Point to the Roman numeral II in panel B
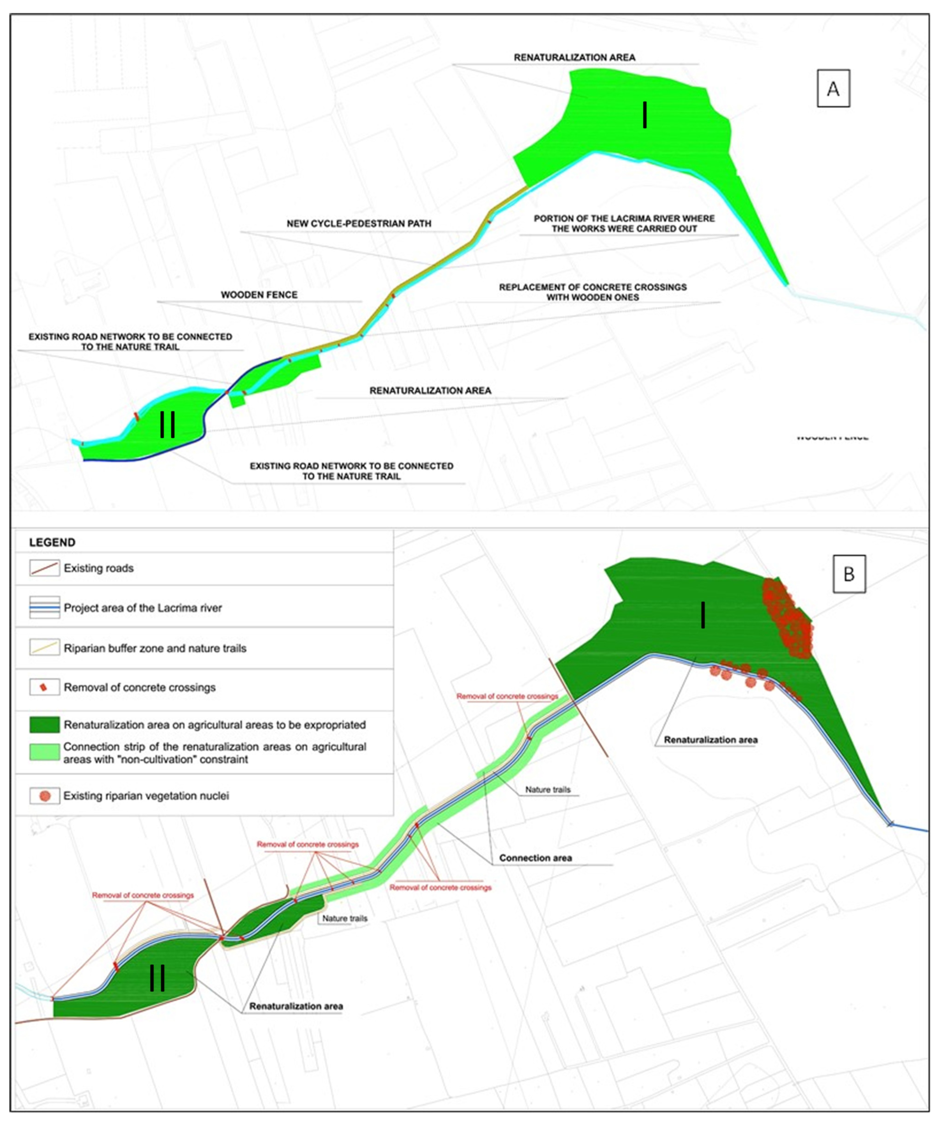coord(157,978)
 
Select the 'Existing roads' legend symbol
coord(44,568)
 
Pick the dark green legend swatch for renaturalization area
coord(44,725)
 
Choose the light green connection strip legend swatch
coord(44,752)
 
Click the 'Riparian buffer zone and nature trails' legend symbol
coord(44,648)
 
